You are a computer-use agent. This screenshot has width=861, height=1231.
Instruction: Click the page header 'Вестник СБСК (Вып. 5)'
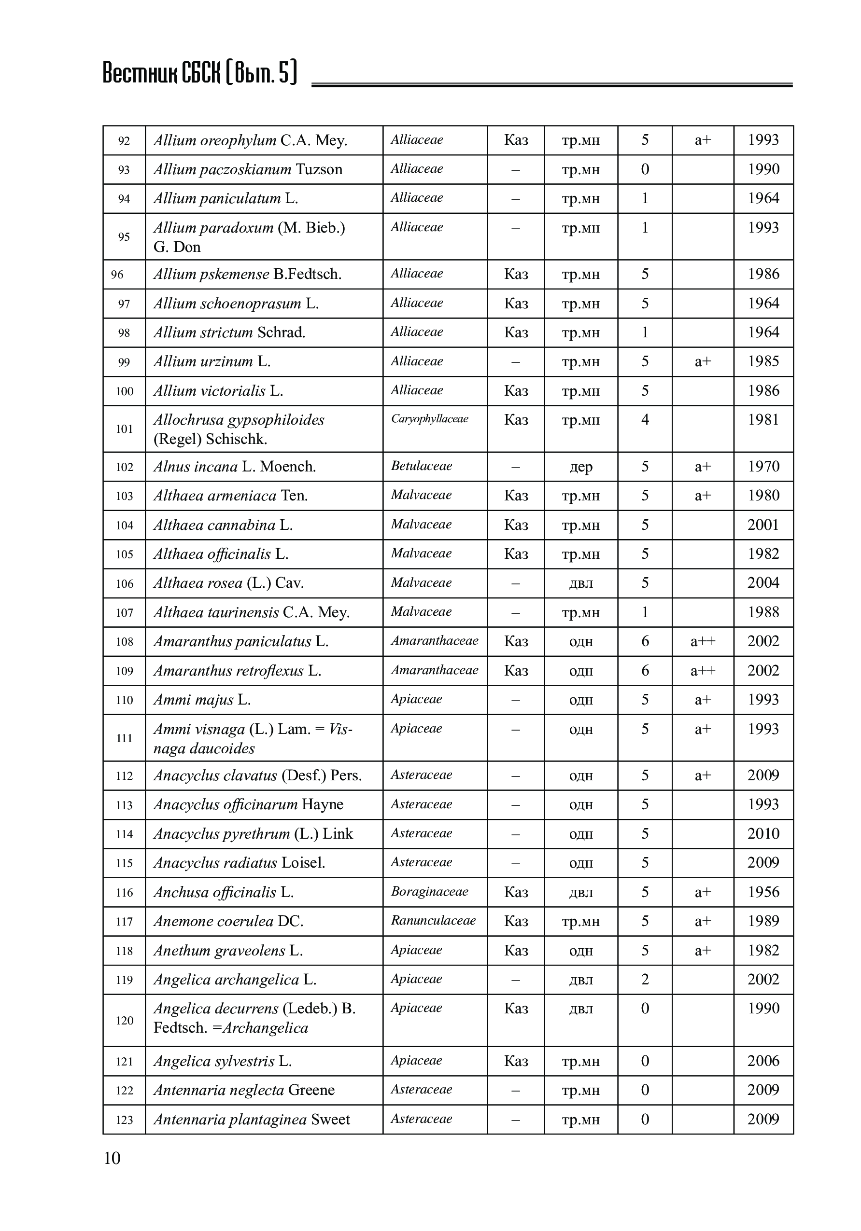click(x=199, y=73)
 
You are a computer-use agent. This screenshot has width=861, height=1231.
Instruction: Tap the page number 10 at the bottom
click(x=112, y=1158)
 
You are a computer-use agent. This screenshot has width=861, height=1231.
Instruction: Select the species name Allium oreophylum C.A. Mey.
click(x=251, y=140)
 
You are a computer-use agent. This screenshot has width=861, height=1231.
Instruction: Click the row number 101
click(x=124, y=429)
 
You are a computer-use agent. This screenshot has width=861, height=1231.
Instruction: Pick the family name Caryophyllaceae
click(x=429, y=419)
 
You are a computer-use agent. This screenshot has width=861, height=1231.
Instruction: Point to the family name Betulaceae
click(x=421, y=466)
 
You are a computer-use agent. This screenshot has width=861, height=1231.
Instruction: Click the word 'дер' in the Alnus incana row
click(x=580, y=467)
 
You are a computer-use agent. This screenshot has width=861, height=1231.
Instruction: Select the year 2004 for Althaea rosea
click(x=763, y=583)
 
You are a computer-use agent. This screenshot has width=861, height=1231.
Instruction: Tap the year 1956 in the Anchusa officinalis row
click(x=763, y=892)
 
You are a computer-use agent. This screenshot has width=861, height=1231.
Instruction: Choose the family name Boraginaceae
click(x=429, y=892)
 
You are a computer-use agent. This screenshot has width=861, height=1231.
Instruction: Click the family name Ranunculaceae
click(x=433, y=921)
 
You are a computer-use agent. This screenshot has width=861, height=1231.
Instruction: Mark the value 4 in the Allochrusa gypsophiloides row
click(x=645, y=419)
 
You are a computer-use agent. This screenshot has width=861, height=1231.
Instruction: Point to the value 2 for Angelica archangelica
click(x=645, y=979)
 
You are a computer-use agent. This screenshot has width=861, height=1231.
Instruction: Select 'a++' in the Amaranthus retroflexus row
click(x=702, y=671)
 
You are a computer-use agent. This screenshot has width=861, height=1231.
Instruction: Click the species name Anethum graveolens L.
click(x=228, y=951)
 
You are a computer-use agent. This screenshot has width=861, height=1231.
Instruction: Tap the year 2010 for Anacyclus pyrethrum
click(x=763, y=834)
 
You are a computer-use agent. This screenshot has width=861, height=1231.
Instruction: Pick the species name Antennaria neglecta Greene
click(x=243, y=1090)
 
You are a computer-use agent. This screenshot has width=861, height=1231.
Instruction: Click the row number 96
click(x=117, y=275)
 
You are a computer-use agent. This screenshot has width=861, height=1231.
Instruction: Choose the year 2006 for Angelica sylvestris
click(x=763, y=1061)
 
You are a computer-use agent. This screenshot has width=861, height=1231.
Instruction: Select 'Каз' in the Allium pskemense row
click(x=516, y=275)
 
